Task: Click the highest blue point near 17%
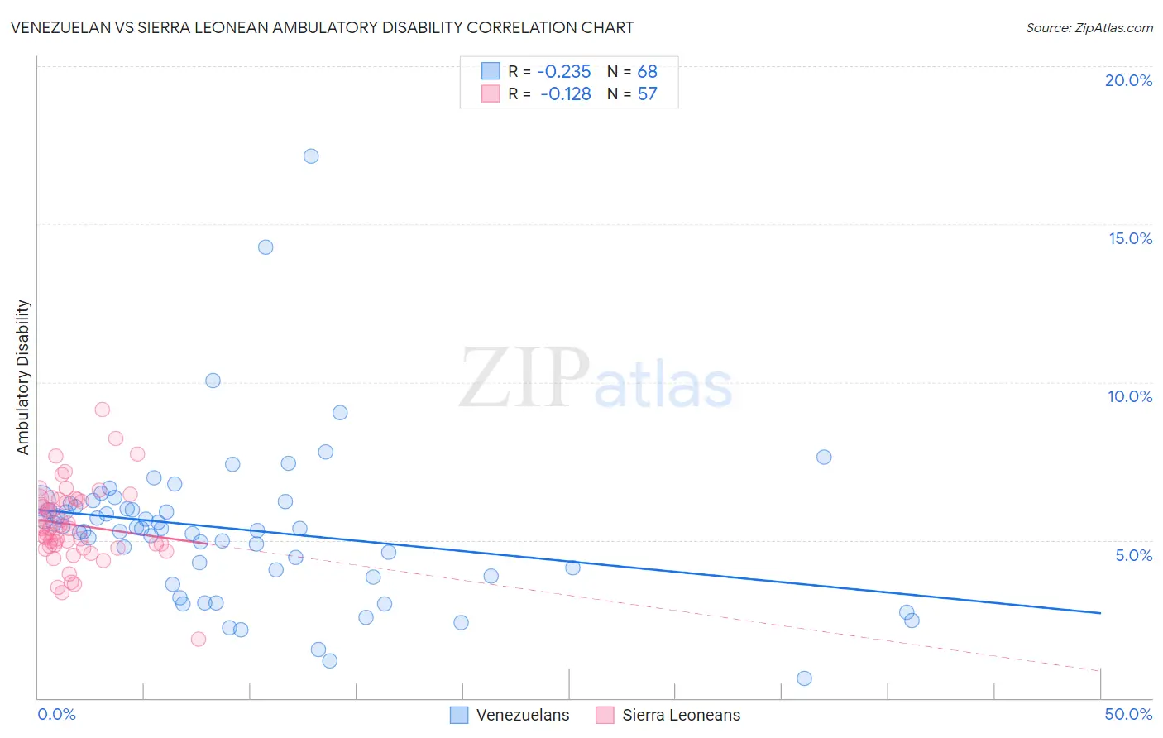pos(311,156)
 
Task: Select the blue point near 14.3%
pos(266,247)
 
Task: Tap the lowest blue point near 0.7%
pos(804,678)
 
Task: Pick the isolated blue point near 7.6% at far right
pos(824,458)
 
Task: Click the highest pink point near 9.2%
pos(103,410)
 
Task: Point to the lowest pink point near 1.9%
pos(199,639)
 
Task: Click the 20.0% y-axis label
pos(1128,81)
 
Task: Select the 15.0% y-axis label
pos(1130,239)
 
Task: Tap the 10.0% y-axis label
pos(1130,397)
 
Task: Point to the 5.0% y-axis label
pos(1133,555)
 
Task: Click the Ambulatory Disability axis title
pos(23,377)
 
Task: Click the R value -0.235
pos(564,72)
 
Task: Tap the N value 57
pos(647,94)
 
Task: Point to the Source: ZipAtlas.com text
pos(1089,28)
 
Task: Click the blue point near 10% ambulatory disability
pos(213,381)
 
